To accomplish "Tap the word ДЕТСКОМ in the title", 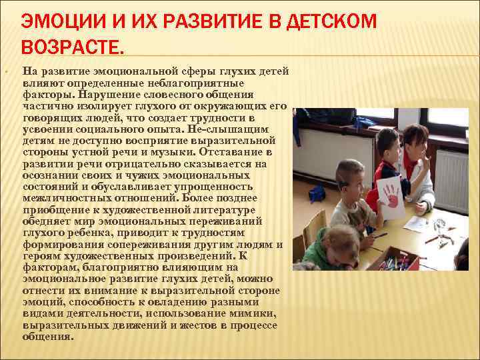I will (331, 21).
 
